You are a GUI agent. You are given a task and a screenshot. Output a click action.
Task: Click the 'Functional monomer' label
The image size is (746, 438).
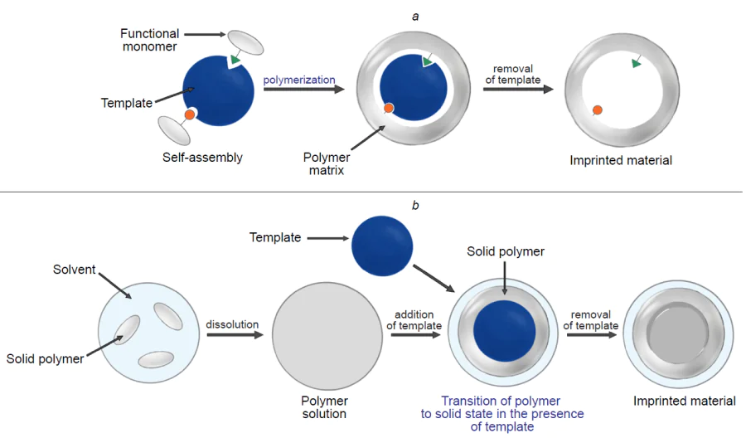tap(149, 41)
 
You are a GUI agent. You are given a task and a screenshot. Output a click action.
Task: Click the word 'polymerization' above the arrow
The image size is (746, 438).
tap(299, 80)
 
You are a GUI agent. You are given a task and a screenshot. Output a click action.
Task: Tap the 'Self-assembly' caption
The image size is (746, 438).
tap(203, 158)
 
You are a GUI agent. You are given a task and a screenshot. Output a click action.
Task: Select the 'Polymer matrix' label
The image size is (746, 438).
tap(327, 164)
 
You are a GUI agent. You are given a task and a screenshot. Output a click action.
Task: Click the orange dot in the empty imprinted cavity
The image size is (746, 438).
tap(597, 109)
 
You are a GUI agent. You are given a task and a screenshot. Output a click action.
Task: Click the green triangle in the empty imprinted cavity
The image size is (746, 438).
tap(636, 63)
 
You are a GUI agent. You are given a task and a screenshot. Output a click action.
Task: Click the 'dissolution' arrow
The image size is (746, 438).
tap(235, 336)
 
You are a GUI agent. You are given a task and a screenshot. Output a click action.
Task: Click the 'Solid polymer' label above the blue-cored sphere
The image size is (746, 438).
tap(506, 251)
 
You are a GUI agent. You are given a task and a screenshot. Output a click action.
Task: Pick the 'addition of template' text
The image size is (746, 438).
tap(414, 320)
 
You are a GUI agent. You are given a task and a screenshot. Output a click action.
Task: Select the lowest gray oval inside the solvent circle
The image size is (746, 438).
tap(156, 359)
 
